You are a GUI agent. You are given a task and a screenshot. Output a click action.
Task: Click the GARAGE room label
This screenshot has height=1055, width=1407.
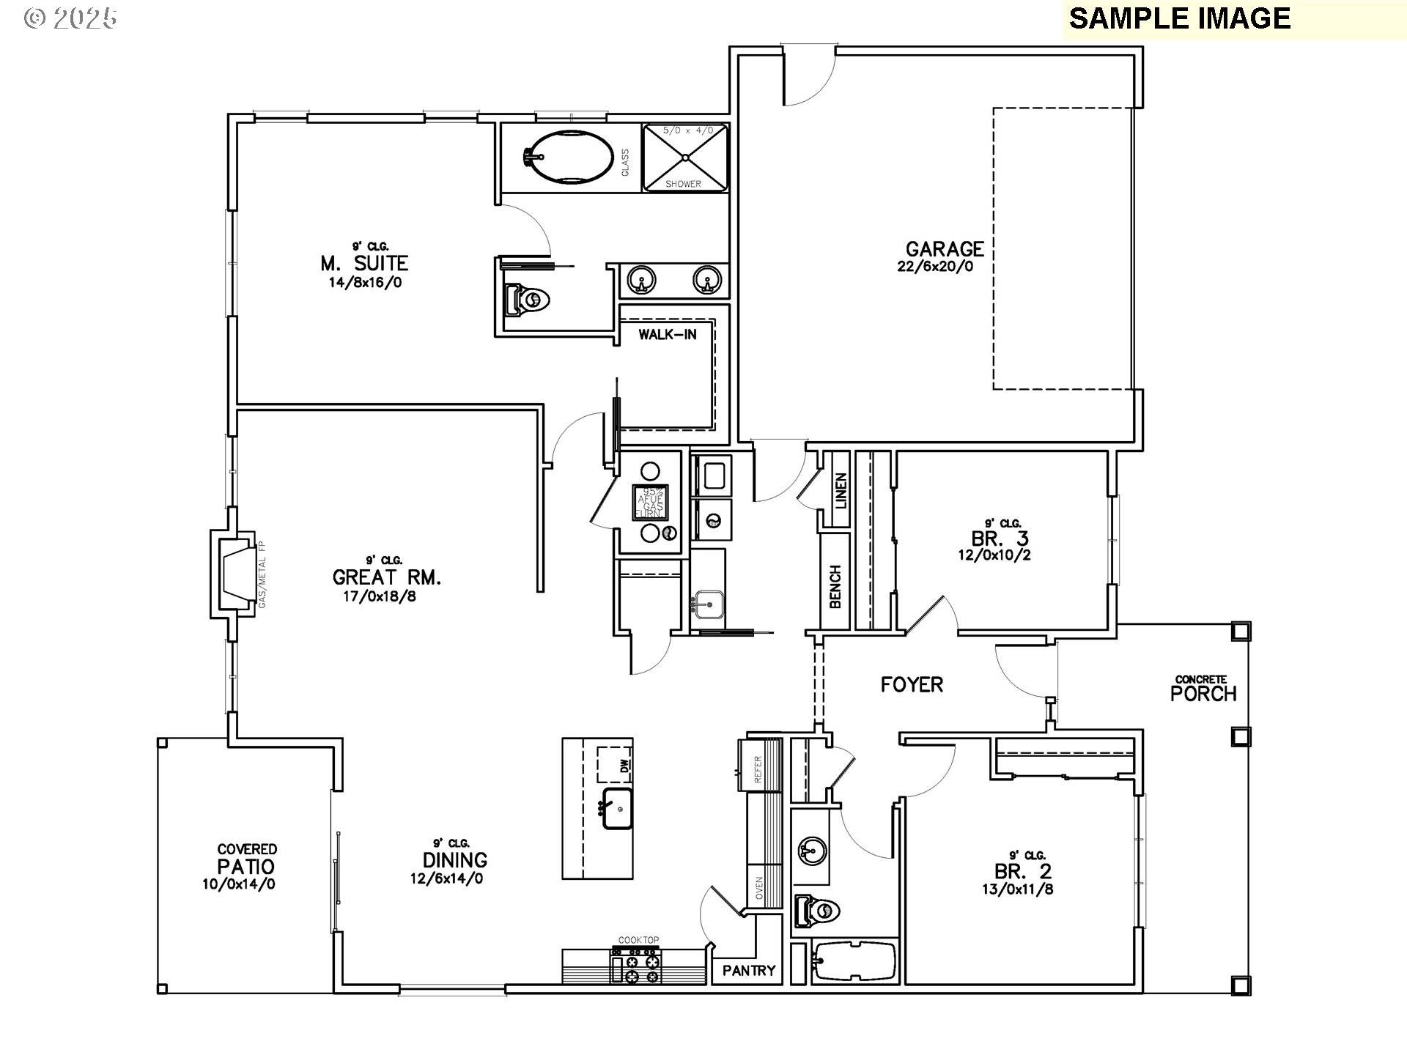[945, 249]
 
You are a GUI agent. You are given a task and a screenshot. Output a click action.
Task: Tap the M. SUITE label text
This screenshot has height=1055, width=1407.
[364, 263]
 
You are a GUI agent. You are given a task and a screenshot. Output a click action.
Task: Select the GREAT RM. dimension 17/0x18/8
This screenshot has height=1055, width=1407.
[380, 596]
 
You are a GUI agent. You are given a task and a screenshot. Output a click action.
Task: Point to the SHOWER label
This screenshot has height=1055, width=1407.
[683, 184]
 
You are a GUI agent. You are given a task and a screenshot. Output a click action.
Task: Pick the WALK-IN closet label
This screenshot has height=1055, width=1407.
[666, 335]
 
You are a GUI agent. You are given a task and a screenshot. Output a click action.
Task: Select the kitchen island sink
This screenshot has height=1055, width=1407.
[618, 809]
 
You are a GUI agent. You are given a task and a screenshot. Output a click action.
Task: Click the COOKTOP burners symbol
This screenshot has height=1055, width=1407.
[636, 965]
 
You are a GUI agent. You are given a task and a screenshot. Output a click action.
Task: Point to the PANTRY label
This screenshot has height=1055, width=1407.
[748, 971]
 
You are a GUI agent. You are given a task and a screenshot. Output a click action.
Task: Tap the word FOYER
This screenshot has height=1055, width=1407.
[912, 685]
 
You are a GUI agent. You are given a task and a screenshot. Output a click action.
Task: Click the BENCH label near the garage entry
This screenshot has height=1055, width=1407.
[835, 587]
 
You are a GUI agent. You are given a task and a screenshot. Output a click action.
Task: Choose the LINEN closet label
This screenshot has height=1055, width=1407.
[841, 491]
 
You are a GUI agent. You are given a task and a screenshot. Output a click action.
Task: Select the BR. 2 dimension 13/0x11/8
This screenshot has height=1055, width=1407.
[1018, 889]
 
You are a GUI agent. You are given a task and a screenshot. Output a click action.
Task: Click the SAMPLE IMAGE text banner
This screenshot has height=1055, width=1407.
[1179, 18]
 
